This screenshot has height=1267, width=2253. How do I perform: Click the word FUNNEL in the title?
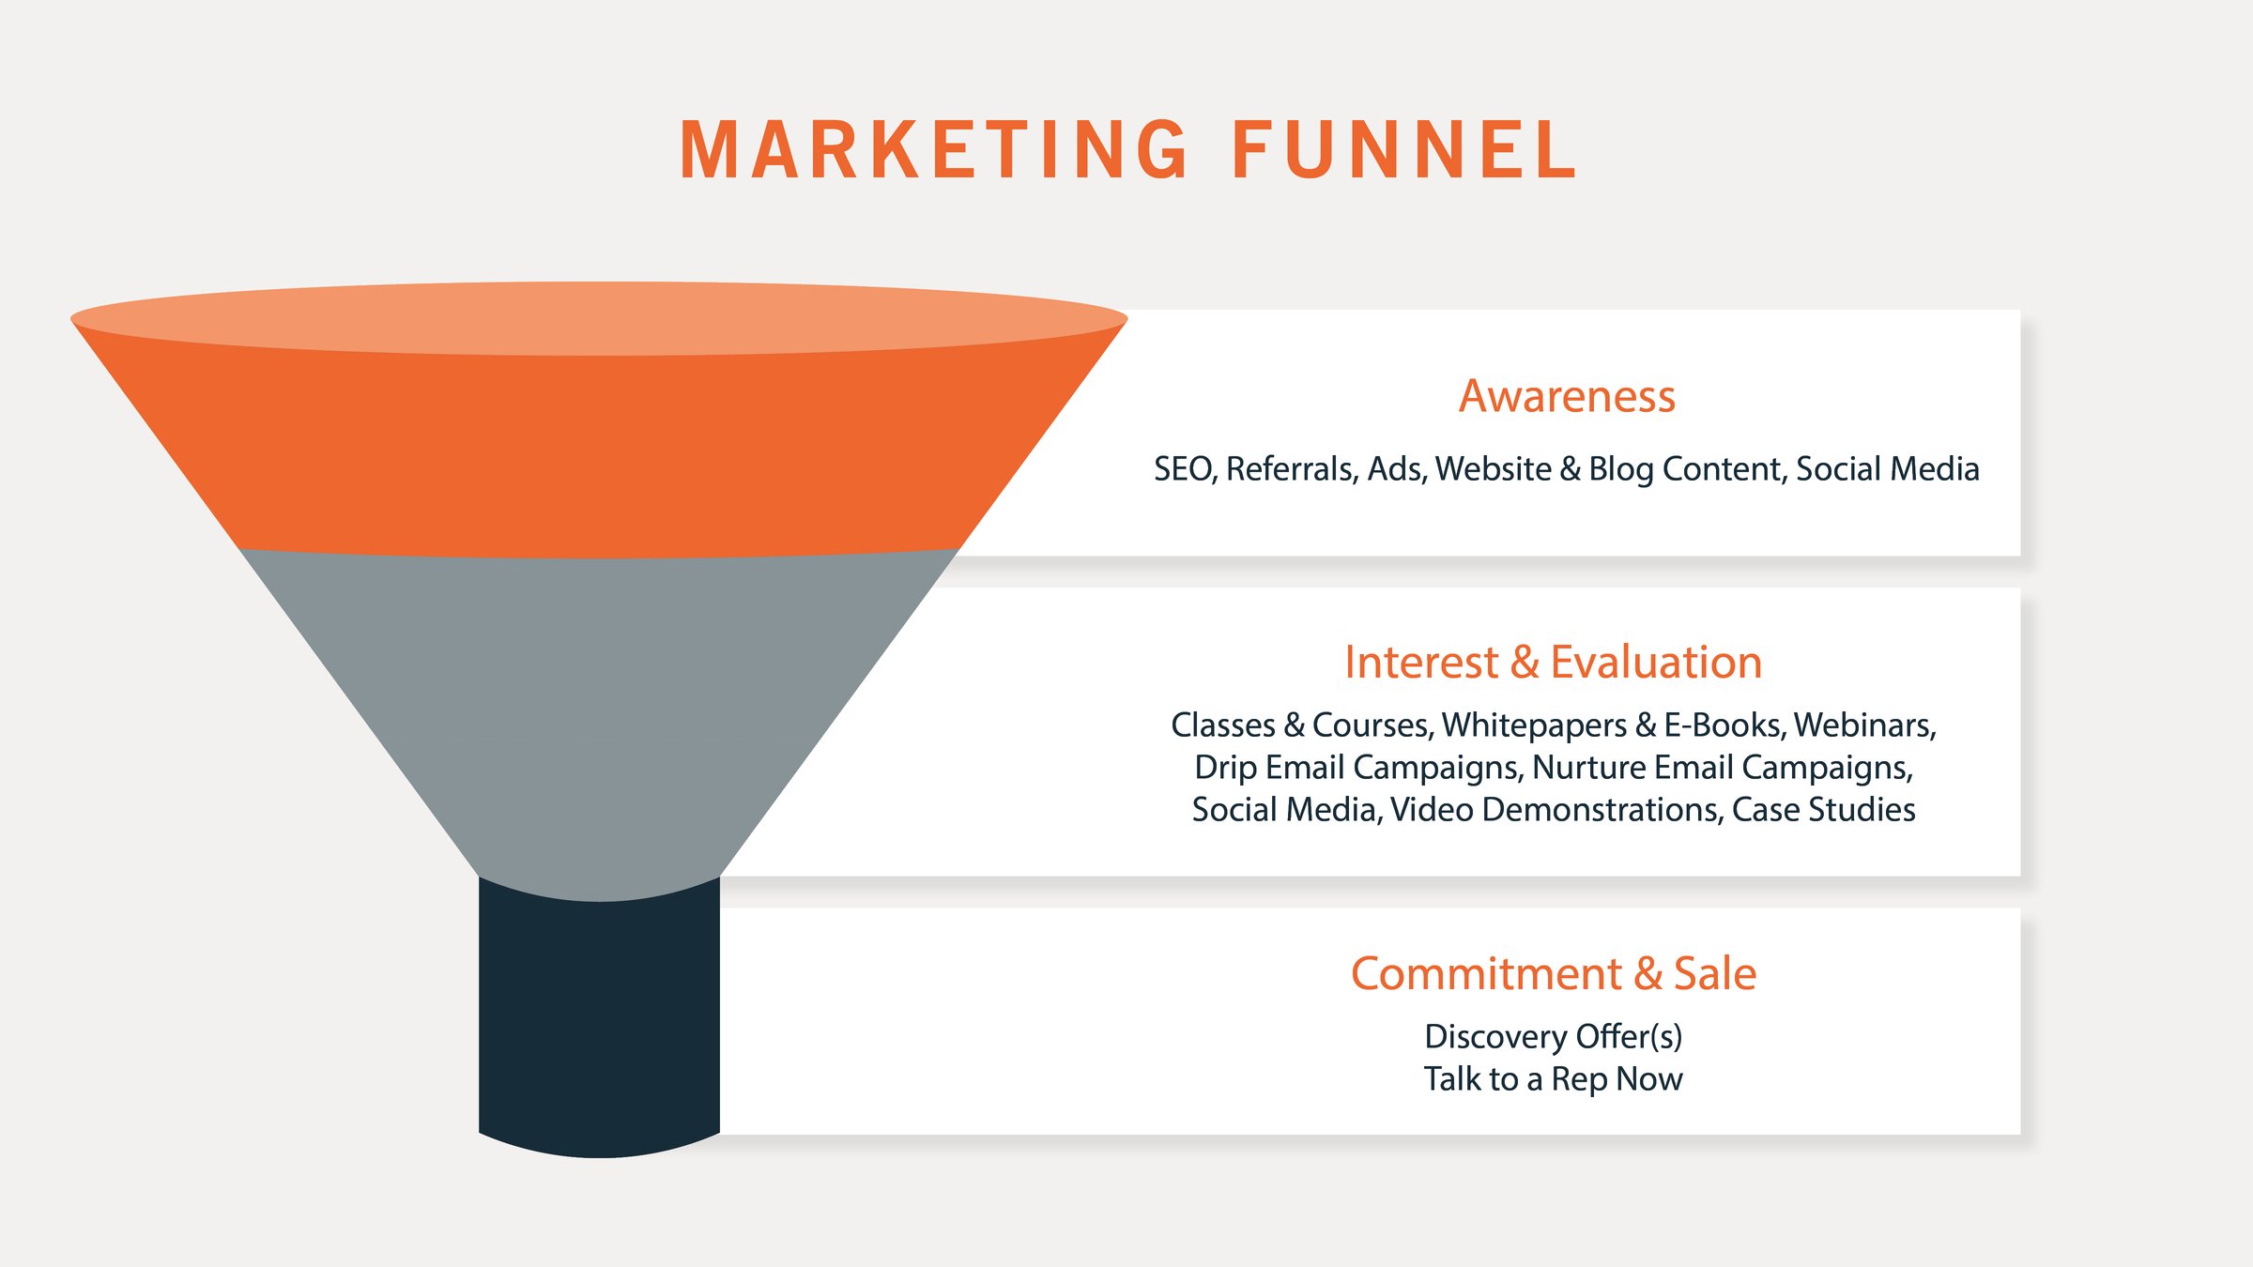1404,150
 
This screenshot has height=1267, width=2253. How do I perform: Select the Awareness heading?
1567,396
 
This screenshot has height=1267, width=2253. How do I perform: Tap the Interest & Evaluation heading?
1553,662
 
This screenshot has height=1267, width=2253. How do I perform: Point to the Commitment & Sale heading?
1553,973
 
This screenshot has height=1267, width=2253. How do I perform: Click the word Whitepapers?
1534,725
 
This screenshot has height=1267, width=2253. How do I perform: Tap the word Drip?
1225,768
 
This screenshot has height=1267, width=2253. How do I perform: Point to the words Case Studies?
1823,810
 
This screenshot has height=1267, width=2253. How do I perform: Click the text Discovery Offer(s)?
1553,1036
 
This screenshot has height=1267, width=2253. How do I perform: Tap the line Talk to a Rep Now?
1553,1079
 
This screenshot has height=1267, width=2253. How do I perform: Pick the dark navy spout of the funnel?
599,1023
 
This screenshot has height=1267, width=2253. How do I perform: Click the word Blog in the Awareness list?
1620,469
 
